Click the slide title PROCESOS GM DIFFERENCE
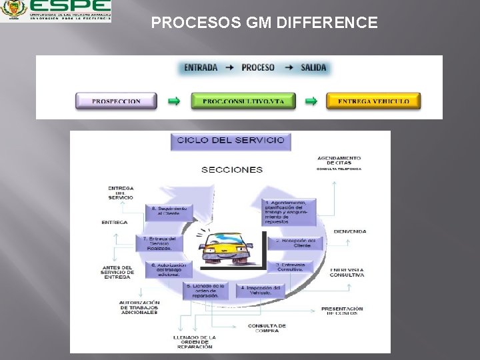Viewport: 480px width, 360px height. pos(264,23)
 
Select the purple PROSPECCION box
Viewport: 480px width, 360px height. pos(116,101)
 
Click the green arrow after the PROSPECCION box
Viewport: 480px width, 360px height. pos(173,101)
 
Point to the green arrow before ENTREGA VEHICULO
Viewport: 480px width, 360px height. pos(311,101)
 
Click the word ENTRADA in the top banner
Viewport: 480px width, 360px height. pos(201,68)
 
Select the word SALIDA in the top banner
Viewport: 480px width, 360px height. pos(313,68)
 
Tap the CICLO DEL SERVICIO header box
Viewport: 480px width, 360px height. pos(229,141)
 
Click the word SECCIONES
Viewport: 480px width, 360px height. pos(231,169)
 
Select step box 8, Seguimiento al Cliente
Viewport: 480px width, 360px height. pos(166,212)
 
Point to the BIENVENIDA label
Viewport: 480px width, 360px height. pos(349,231)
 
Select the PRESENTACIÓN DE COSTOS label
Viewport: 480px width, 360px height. pos(342,311)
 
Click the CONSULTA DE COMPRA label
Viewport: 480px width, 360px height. pos(267,328)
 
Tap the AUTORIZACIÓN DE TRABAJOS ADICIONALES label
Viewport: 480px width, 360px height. pos(139,307)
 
